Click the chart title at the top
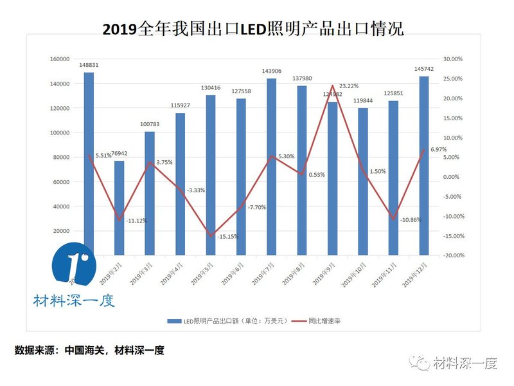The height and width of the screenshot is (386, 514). pos(253,29)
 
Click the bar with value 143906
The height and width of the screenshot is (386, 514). pos(272,167)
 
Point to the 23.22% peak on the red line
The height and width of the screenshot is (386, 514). pos(333,86)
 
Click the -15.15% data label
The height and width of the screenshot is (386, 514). pos(228,237)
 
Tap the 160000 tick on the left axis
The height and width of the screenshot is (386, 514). pos(60,59)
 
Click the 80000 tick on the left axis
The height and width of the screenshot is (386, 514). pos(62,158)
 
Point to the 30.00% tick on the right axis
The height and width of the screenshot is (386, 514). pos(453,59)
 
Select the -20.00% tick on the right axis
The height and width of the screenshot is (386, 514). pos(452,255)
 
